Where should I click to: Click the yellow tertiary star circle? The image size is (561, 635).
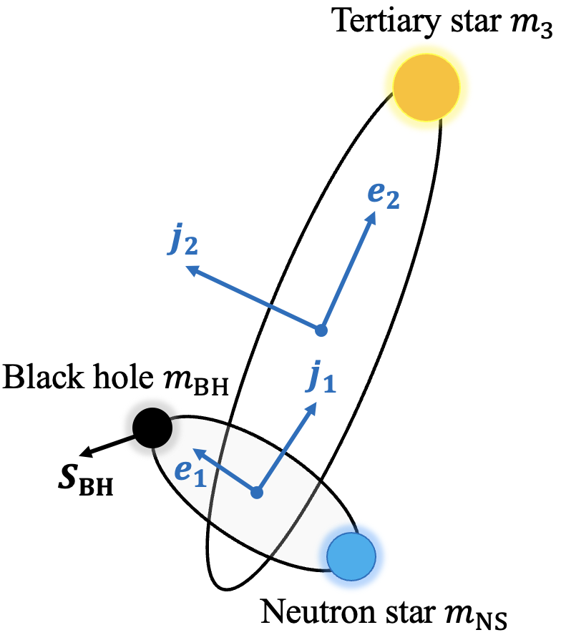(426, 87)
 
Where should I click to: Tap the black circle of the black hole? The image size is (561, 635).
(152, 428)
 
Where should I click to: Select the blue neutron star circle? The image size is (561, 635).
(351, 553)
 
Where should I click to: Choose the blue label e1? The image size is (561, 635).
(190, 474)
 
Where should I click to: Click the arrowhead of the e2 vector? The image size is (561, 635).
(372, 217)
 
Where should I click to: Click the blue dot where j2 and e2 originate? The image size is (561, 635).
(321, 330)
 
